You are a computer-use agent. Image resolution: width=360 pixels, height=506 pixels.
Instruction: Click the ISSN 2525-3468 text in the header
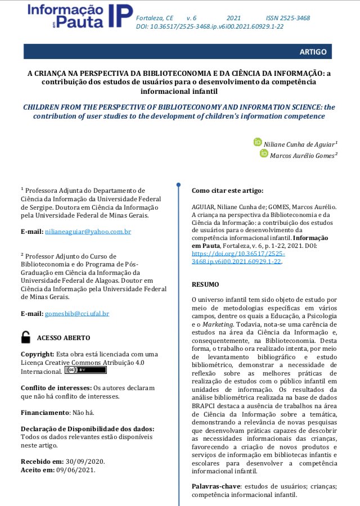point(287,18)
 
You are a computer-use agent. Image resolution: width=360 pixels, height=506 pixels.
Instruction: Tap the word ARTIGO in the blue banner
point(313,52)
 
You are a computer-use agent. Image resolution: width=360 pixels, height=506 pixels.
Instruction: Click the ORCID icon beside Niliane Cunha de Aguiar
point(258,142)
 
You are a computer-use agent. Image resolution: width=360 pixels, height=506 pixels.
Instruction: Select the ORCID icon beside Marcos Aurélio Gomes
point(264,153)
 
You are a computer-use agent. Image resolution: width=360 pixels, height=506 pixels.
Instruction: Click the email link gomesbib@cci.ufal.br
point(77,313)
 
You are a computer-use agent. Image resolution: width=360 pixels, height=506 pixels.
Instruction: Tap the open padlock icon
point(26,337)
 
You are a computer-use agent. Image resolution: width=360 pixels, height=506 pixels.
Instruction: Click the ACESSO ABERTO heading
point(63,338)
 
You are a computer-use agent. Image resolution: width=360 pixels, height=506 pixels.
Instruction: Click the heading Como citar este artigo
point(227,191)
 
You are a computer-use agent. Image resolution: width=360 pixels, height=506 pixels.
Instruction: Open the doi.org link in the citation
point(237,257)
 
